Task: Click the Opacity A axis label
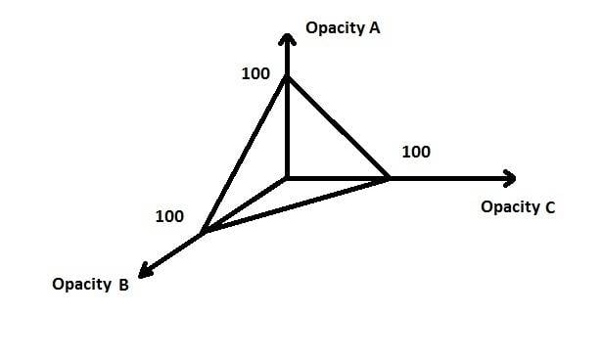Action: (343, 28)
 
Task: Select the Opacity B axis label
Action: (90, 285)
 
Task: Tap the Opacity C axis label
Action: (518, 207)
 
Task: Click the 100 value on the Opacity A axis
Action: (255, 73)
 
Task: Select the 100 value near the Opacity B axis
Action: (169, 217)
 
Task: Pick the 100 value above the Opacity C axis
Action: (416, 152)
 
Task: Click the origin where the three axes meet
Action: (287, 178)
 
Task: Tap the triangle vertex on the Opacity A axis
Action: (287, 76)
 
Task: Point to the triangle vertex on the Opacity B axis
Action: (204, 231)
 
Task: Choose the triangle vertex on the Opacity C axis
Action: (388, 178)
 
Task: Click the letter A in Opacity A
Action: (375, 28)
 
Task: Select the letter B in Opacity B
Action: (123, 286)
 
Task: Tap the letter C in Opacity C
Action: (550, 208)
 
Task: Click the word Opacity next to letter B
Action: (82, 285)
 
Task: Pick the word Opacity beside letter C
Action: (511, 207)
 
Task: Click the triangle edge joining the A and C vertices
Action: (338, 127)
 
